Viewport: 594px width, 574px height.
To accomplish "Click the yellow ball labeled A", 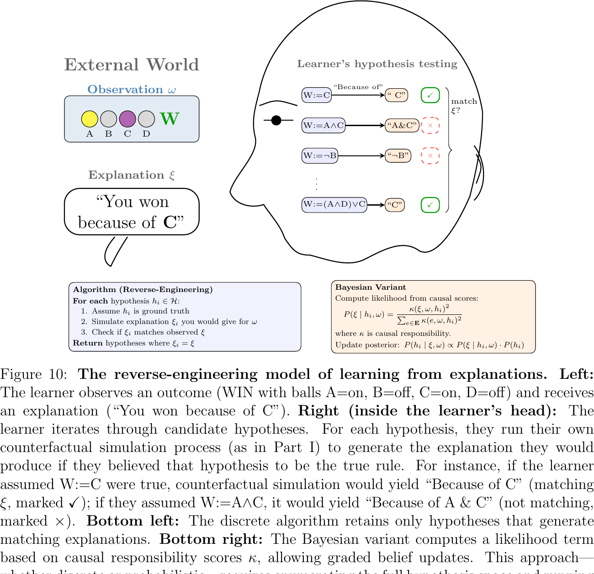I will pos(90,119).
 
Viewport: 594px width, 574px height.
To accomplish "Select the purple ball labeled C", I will pos(127,119).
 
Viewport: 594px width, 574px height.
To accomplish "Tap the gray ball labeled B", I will pos(108,119).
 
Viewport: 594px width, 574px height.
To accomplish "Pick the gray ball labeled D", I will pos(146,119).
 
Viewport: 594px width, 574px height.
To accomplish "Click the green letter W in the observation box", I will pos(170,119).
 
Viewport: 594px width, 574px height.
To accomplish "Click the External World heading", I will pos(132,65).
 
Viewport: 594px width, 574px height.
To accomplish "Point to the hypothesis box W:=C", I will pos(317,95).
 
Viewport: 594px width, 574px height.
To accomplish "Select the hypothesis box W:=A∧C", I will pos(324,125).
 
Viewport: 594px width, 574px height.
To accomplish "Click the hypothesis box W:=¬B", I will pos(320,156).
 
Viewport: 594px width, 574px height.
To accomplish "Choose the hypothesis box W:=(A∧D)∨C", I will pos(334,205).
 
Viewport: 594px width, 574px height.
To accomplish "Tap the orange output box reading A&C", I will pos(402,125).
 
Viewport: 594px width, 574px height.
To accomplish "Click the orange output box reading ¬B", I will pos(398,156).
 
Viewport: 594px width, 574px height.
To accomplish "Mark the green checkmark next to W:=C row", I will pos(430,95).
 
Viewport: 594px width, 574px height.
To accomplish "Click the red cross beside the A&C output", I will pos(430,125).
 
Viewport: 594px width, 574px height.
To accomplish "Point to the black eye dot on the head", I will pos(276,120).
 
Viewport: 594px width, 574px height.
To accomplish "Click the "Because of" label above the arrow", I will pos(358,87).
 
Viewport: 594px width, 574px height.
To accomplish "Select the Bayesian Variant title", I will pos(371,287).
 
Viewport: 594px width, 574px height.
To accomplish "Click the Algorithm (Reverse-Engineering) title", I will pos(143,289).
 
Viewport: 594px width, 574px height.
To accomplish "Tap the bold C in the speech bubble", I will pos(170,223).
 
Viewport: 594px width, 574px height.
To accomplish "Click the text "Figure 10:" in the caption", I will pos(34,374).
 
